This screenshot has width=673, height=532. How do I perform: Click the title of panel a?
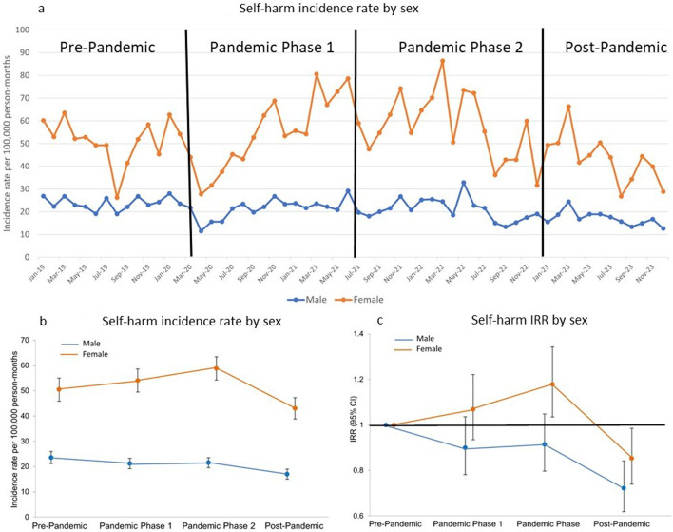[343, 10]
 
